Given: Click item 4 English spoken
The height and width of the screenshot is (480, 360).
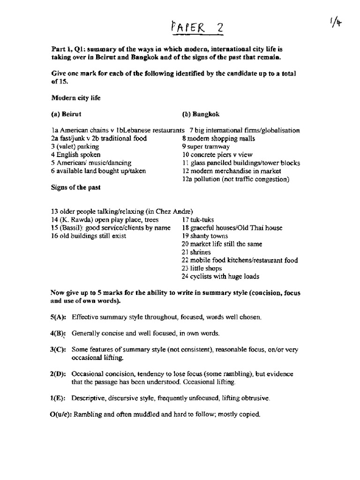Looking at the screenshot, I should (x=75, y=155).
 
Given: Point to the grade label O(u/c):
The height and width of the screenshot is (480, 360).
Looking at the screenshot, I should (x=61, y=414).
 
